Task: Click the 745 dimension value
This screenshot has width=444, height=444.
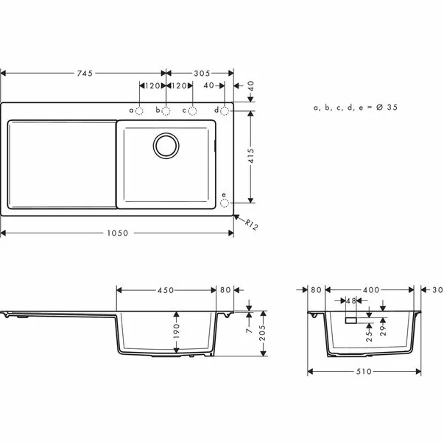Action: click(x=85, y=73)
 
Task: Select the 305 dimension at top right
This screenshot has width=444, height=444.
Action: click(x=202, y=73)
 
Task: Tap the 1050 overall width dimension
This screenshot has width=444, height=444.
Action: click(x=118, y=233)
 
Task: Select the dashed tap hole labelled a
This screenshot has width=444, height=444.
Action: click(x=139, y=110)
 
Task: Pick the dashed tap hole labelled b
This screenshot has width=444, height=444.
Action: click(x=166, y=110)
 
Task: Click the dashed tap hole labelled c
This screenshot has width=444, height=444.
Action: click(x=192, y=110)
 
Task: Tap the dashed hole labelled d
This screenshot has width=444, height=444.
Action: click(x=225, y=110)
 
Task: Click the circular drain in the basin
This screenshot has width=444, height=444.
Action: click(x=166, y=144)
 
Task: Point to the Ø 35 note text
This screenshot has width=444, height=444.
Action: click(x=355, y=108)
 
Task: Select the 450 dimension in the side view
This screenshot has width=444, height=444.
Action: click(x=166, y=289)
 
